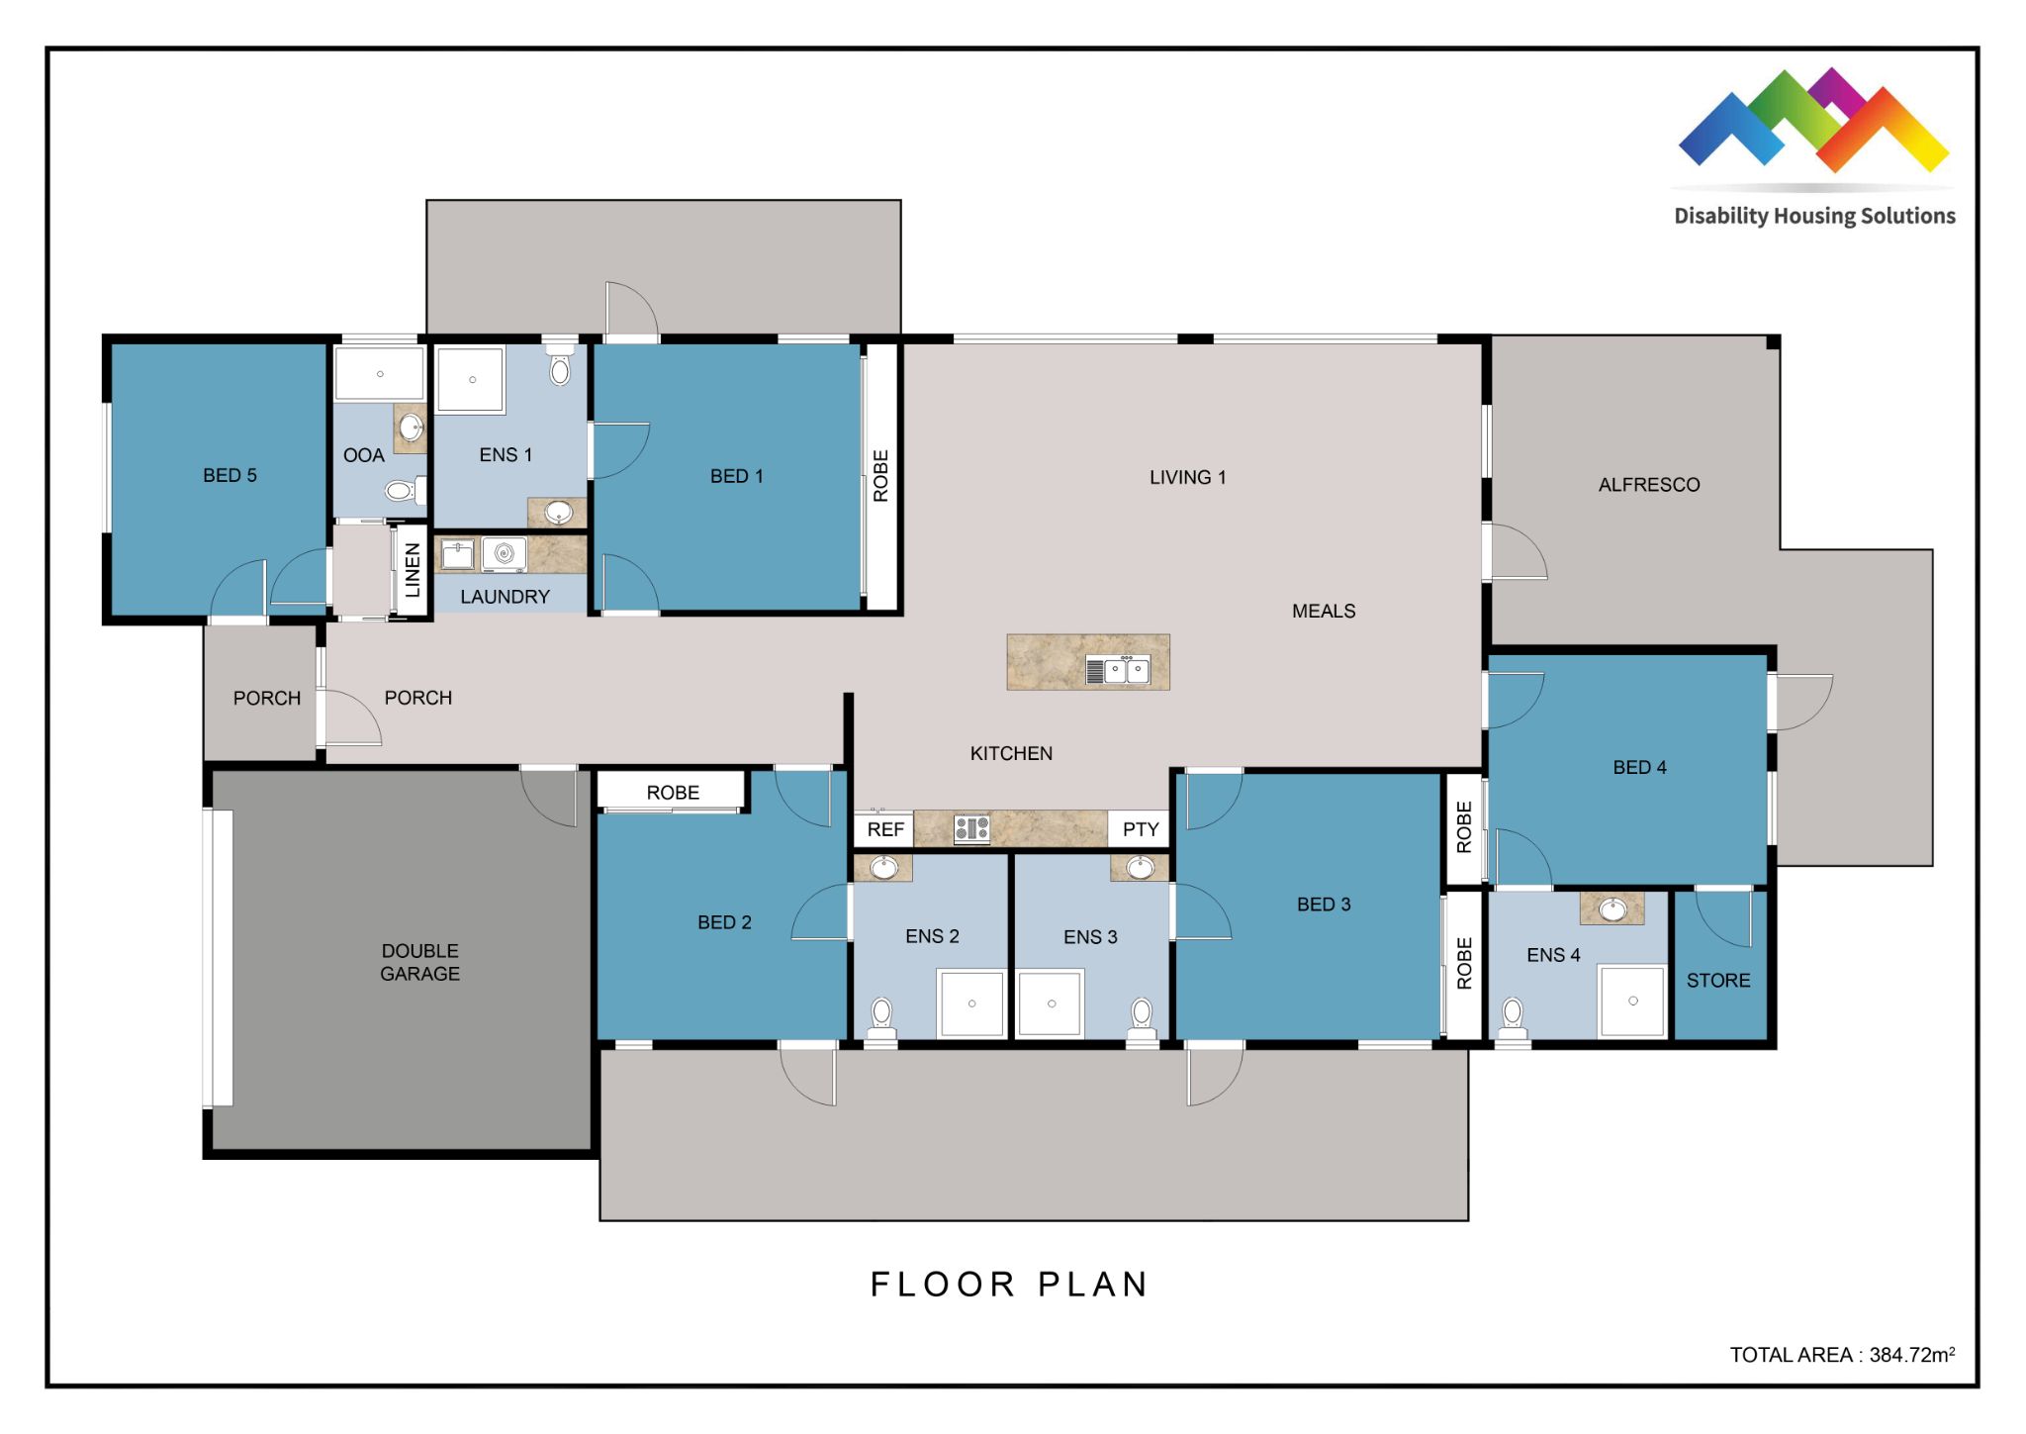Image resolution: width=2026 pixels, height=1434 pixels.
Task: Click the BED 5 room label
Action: (230, 475)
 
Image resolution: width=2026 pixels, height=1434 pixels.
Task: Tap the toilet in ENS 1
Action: (560, 366)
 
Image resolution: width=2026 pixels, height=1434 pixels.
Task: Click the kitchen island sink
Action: (1126, 670)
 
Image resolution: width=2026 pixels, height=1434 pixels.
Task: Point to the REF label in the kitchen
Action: (885, 829)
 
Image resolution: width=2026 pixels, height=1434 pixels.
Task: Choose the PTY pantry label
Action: (1140, 829)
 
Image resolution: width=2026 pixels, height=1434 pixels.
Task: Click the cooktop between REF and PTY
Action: (971, 828)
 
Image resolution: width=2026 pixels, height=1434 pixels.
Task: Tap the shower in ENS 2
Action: (971, 1004)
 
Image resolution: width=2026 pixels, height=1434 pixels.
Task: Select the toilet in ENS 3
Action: (1142, 1015)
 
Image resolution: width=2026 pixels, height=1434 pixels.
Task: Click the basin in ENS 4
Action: (1612, 908)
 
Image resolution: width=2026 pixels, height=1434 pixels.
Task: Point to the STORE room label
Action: (1718, 980)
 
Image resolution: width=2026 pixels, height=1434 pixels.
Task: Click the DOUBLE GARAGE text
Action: (419, 962)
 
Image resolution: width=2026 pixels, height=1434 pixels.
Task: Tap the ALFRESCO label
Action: (1649, 485)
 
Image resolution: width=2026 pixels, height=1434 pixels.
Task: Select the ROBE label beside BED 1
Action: (880, 476)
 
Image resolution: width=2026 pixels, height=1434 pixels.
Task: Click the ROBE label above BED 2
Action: (673, 793)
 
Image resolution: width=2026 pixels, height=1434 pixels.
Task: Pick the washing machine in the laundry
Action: (505, 554)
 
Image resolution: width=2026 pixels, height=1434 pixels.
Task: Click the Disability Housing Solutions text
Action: (1814, 216)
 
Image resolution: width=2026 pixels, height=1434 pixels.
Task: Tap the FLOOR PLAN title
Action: (1009, 1285)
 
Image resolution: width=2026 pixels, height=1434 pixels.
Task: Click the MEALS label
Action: (1324, 611)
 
